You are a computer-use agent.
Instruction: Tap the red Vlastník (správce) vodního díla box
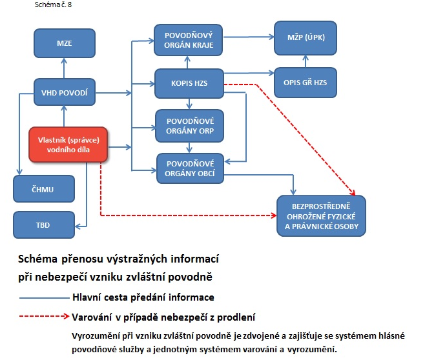[x=68, y=145]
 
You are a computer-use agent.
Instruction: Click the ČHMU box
[x=43, y=189]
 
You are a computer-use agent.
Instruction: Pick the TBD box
[x=43, y=225]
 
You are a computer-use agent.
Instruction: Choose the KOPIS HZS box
[x=188, y=83]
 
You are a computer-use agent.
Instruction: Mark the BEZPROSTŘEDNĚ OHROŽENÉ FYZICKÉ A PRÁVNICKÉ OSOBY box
[x=320, y=214]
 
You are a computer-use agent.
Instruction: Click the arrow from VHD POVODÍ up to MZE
[x=65, y=68]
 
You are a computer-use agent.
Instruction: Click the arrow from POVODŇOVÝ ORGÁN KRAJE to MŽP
[x=248, y=37]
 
